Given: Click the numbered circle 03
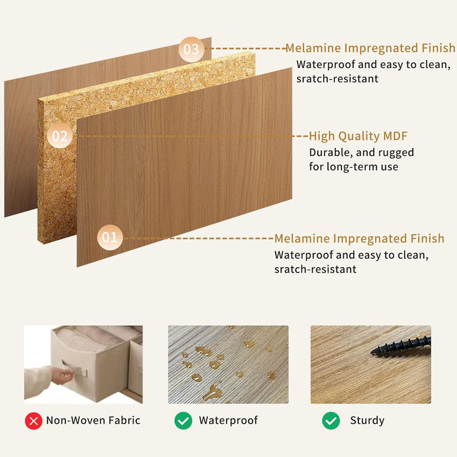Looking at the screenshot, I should pyautogui.click(x=191, y=50).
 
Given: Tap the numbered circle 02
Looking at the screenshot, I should pyautogui.click(x=59, y=136).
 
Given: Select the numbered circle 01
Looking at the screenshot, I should pyautogui.click(x=110, y=238).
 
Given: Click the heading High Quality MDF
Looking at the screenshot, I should pyautogui.click(x=358, y=136).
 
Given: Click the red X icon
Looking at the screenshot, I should pyautogui.click(x=33, y=420).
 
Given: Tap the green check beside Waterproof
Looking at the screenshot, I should pyautogui.click(x=183, y=420).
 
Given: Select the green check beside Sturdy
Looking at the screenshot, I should pyautogui.click(x=332, y=420).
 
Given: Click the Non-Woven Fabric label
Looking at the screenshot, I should pyautogui.click(x=93, y=420).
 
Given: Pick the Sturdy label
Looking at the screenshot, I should pyautogui.click(x=367, y=420).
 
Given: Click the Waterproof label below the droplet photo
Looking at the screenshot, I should pyautogui.click(x=228, y=420).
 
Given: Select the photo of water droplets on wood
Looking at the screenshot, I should pyautogui.click(x=228, y=364).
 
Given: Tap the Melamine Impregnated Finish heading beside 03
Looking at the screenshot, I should pyautogui.click(x=370, y=48).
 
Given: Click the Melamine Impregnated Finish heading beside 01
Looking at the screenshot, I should pyautogui.click(x=359, y=238).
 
